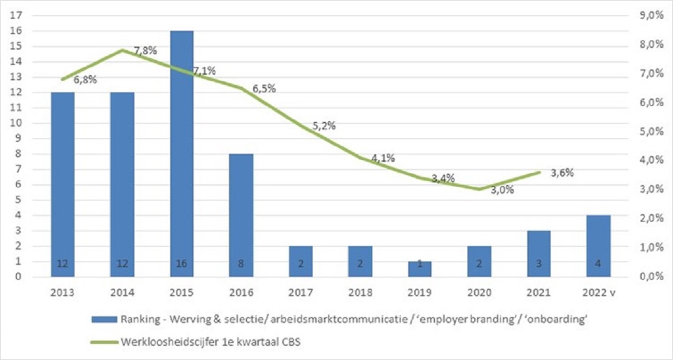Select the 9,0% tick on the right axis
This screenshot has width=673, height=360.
coord(650,15)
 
